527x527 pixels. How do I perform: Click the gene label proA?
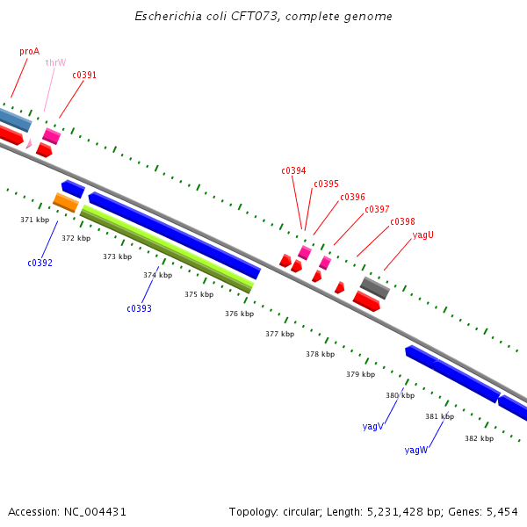coord(29,52)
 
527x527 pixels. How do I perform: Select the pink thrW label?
coord(55,63)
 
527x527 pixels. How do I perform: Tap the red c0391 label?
coord(84,76)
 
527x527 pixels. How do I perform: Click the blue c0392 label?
coord(40,263)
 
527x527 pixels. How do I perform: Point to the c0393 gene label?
coord(139,308)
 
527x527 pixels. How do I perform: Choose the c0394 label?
coord(293,171)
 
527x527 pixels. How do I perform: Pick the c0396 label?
coord(352,198)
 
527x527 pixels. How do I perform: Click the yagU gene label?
coord(423,235)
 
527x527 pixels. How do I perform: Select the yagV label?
coord(372,426)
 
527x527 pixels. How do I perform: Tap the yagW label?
coord(416,450)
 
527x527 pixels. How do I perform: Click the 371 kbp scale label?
coord(34,220)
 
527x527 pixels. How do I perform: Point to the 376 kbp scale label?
coord(239,314)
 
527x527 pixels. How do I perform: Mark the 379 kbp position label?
coord(360,374)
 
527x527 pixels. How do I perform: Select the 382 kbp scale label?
coord(479,438)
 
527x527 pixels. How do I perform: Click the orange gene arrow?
coord(66,202)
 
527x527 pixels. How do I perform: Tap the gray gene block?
coord(375,287)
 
